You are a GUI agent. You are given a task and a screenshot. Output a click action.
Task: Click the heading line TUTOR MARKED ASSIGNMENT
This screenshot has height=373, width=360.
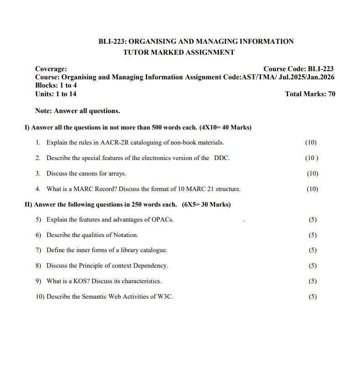click(x=179, y=52)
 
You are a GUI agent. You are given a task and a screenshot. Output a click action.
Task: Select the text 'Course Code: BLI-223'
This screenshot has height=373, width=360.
click(x=298, y=69)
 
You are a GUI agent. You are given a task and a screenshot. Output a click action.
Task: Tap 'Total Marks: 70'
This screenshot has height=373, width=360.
click(x=310, y=94)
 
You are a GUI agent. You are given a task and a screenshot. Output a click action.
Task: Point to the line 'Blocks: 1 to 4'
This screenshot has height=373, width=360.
click(x=56, y=85)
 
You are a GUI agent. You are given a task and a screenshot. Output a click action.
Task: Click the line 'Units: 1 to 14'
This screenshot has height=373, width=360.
click(x=56, y=94)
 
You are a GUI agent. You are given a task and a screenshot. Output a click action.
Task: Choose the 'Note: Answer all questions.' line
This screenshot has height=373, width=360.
click(x=77, y=111)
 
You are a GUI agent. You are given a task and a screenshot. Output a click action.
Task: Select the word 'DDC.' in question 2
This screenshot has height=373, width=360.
click(x=222, y=158)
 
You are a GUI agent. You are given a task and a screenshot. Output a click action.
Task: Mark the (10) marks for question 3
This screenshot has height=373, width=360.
click(x=312, y=173)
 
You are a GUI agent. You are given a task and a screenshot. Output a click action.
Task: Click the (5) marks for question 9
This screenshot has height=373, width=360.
click(x=312, y=281)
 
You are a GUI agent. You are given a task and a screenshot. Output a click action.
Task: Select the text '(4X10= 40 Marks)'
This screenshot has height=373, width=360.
click(x=225, y=127)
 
